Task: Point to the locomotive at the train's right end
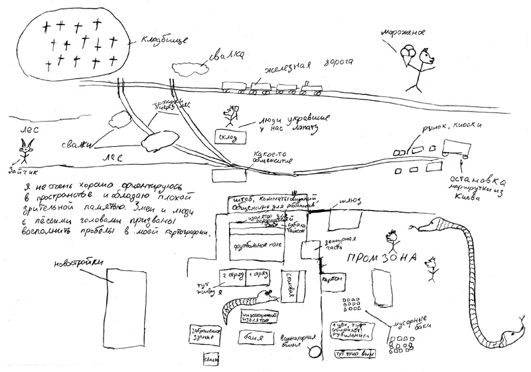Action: click(x=309, y=88)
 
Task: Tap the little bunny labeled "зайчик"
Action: click(x=25, y=153)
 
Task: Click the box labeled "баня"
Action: click(x=256, y=337)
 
